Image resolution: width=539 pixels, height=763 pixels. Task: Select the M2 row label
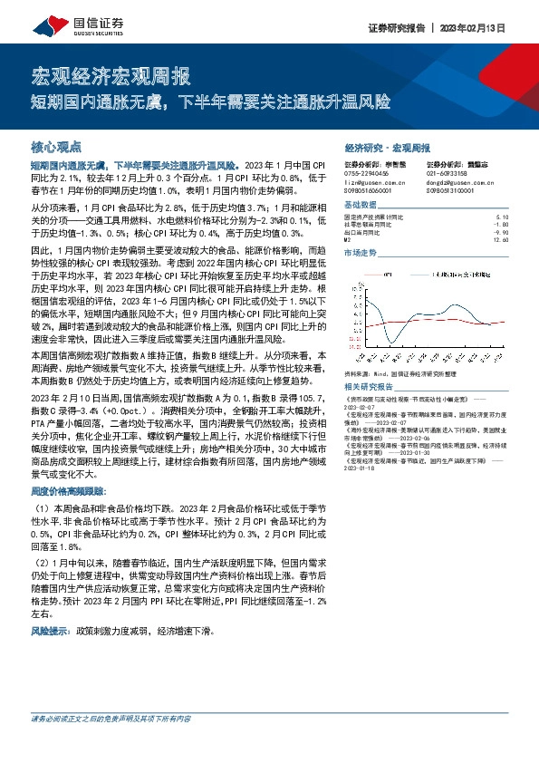click(348, 239)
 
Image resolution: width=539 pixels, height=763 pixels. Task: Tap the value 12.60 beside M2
click(502, 239)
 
